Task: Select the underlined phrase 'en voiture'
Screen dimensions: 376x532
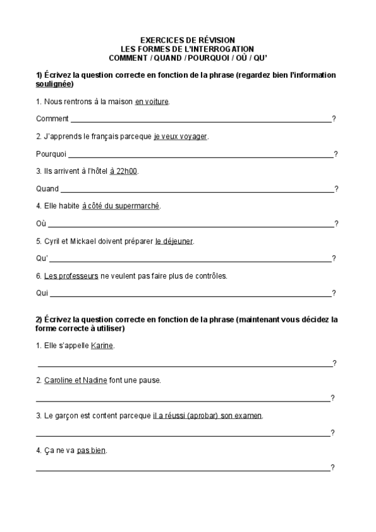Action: click(152, 102)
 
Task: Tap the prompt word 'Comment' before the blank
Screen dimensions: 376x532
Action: click(53, 119)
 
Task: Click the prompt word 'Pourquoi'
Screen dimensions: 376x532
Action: click(51, 154)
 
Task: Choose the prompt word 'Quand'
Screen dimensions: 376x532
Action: click(48, 189)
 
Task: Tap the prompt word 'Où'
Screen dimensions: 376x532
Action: click(41, 223)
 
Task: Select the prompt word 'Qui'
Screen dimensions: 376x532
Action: click(42, 293)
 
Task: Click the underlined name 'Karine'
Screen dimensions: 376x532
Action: click(102, 346)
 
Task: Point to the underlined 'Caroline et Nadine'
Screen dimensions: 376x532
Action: click(75, 380)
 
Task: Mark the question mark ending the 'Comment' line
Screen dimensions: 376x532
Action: click(334, 119)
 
